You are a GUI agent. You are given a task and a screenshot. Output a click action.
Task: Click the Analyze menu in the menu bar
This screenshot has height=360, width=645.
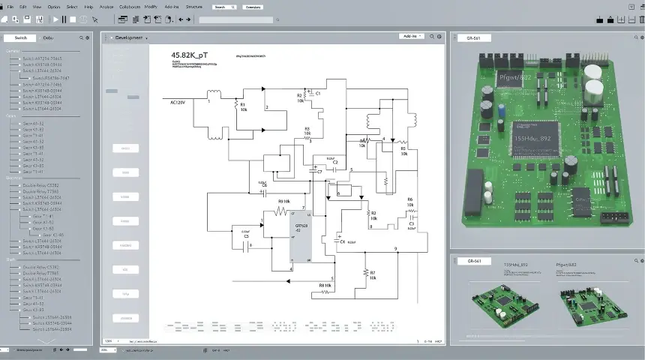coord(106,6)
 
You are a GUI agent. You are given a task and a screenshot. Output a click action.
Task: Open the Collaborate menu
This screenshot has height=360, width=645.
coord(124,6)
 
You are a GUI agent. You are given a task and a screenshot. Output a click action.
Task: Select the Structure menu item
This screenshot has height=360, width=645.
coord(194,6)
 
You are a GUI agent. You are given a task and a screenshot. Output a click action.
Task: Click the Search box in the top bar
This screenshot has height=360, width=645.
coord(224,7)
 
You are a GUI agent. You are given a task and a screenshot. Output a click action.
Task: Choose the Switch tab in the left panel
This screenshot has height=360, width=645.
coord(21,37)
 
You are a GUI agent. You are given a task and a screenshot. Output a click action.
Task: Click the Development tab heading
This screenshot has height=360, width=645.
coord(129,37)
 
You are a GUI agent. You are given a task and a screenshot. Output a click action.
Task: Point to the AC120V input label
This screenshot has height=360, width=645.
coord(178,102)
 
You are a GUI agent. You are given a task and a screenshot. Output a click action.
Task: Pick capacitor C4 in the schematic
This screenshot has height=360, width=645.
coord(341,241)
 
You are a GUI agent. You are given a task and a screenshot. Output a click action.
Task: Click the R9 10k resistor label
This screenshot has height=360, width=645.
coord(283,201)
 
